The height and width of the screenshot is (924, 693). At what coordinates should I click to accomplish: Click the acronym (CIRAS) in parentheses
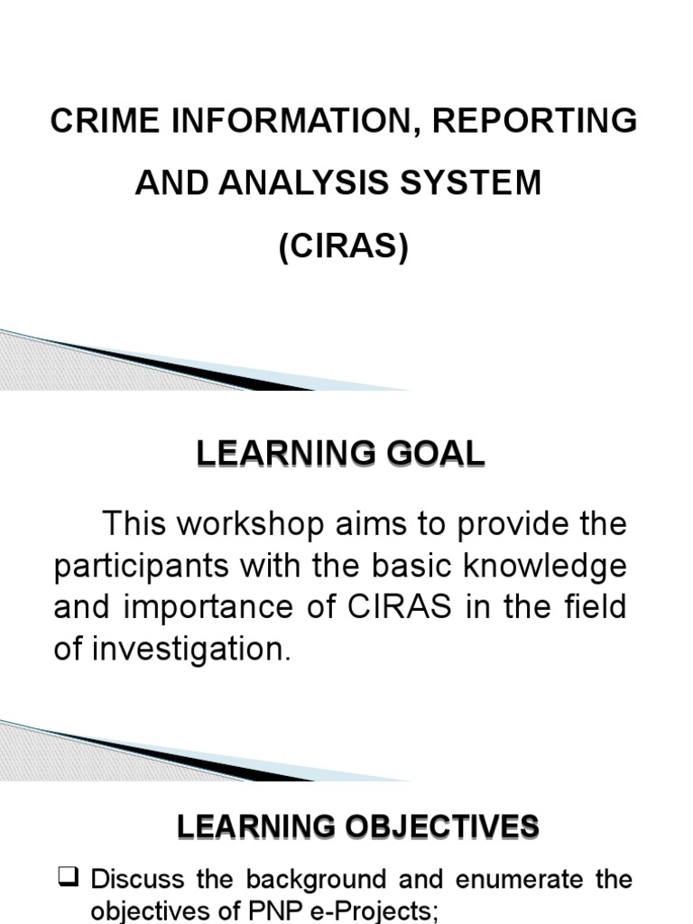(344, 245)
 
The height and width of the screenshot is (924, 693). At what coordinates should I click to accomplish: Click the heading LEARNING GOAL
(341, 455)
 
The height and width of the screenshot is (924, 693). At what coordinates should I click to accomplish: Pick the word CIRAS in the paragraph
(392, 606)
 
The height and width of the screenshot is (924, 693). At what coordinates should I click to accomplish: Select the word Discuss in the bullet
(138, 878)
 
